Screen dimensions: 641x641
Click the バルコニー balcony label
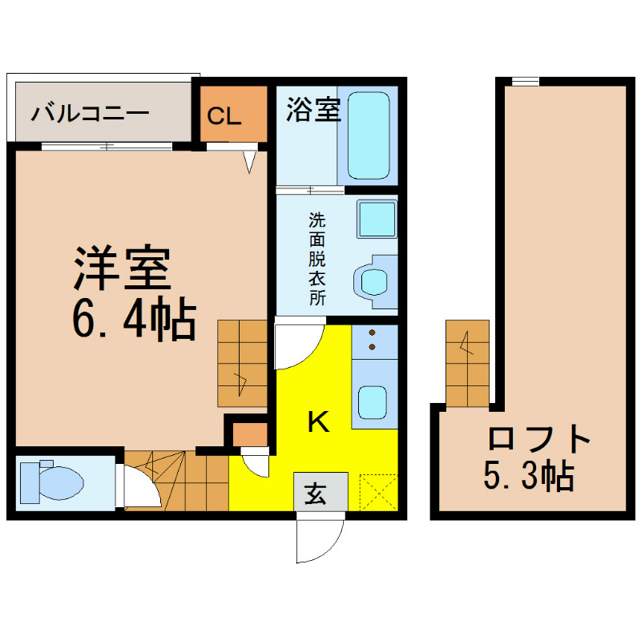click(x=90, y=113)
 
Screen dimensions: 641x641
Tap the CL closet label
click(x=224, y=116)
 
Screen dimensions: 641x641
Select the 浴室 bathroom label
click(x=313, y=110)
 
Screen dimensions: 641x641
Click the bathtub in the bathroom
click(x=369, y=135)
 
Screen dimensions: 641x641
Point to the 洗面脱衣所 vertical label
click(x=316, y=259)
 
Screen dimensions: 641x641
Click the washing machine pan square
click(x=377, y=219)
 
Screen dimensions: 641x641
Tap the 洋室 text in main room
click(x=122, y=268)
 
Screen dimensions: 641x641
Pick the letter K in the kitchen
click(x=318, y=421)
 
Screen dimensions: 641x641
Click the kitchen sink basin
click(x=373, y=402)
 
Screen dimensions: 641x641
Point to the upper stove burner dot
click(x=372, y=333)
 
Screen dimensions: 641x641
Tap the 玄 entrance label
click(x=315, y=493)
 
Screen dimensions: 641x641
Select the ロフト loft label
click(x=539, y=438)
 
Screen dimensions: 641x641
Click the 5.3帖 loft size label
click(x=529, y=476)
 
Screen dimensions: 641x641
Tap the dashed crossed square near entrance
click(x=378, y=492)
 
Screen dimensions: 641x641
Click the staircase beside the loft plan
click(x=467, y=363)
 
